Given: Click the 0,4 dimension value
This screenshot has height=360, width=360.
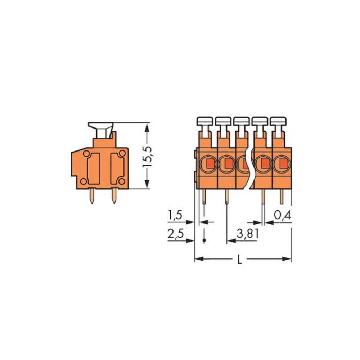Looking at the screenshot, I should click(282, 216).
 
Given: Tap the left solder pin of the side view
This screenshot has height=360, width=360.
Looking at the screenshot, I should click(92, 196).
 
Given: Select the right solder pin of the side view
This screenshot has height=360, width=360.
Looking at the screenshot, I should click(114, 196).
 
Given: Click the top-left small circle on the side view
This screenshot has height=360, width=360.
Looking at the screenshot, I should click(86, 154).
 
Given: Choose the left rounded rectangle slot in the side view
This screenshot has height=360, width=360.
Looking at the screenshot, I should click(94, 167).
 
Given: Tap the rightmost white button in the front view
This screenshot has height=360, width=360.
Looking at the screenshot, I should click(278, 121).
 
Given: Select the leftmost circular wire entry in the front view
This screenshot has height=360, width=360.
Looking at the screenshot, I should click(208, 164).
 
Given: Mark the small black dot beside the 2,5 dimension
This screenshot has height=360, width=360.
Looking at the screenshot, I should click(204, 240).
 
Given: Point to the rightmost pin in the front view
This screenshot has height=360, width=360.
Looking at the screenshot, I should click(282, 197).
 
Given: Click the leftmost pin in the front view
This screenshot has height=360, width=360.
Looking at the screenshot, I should click(204, 197).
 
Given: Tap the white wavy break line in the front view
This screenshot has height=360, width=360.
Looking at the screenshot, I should click(248, 169).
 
